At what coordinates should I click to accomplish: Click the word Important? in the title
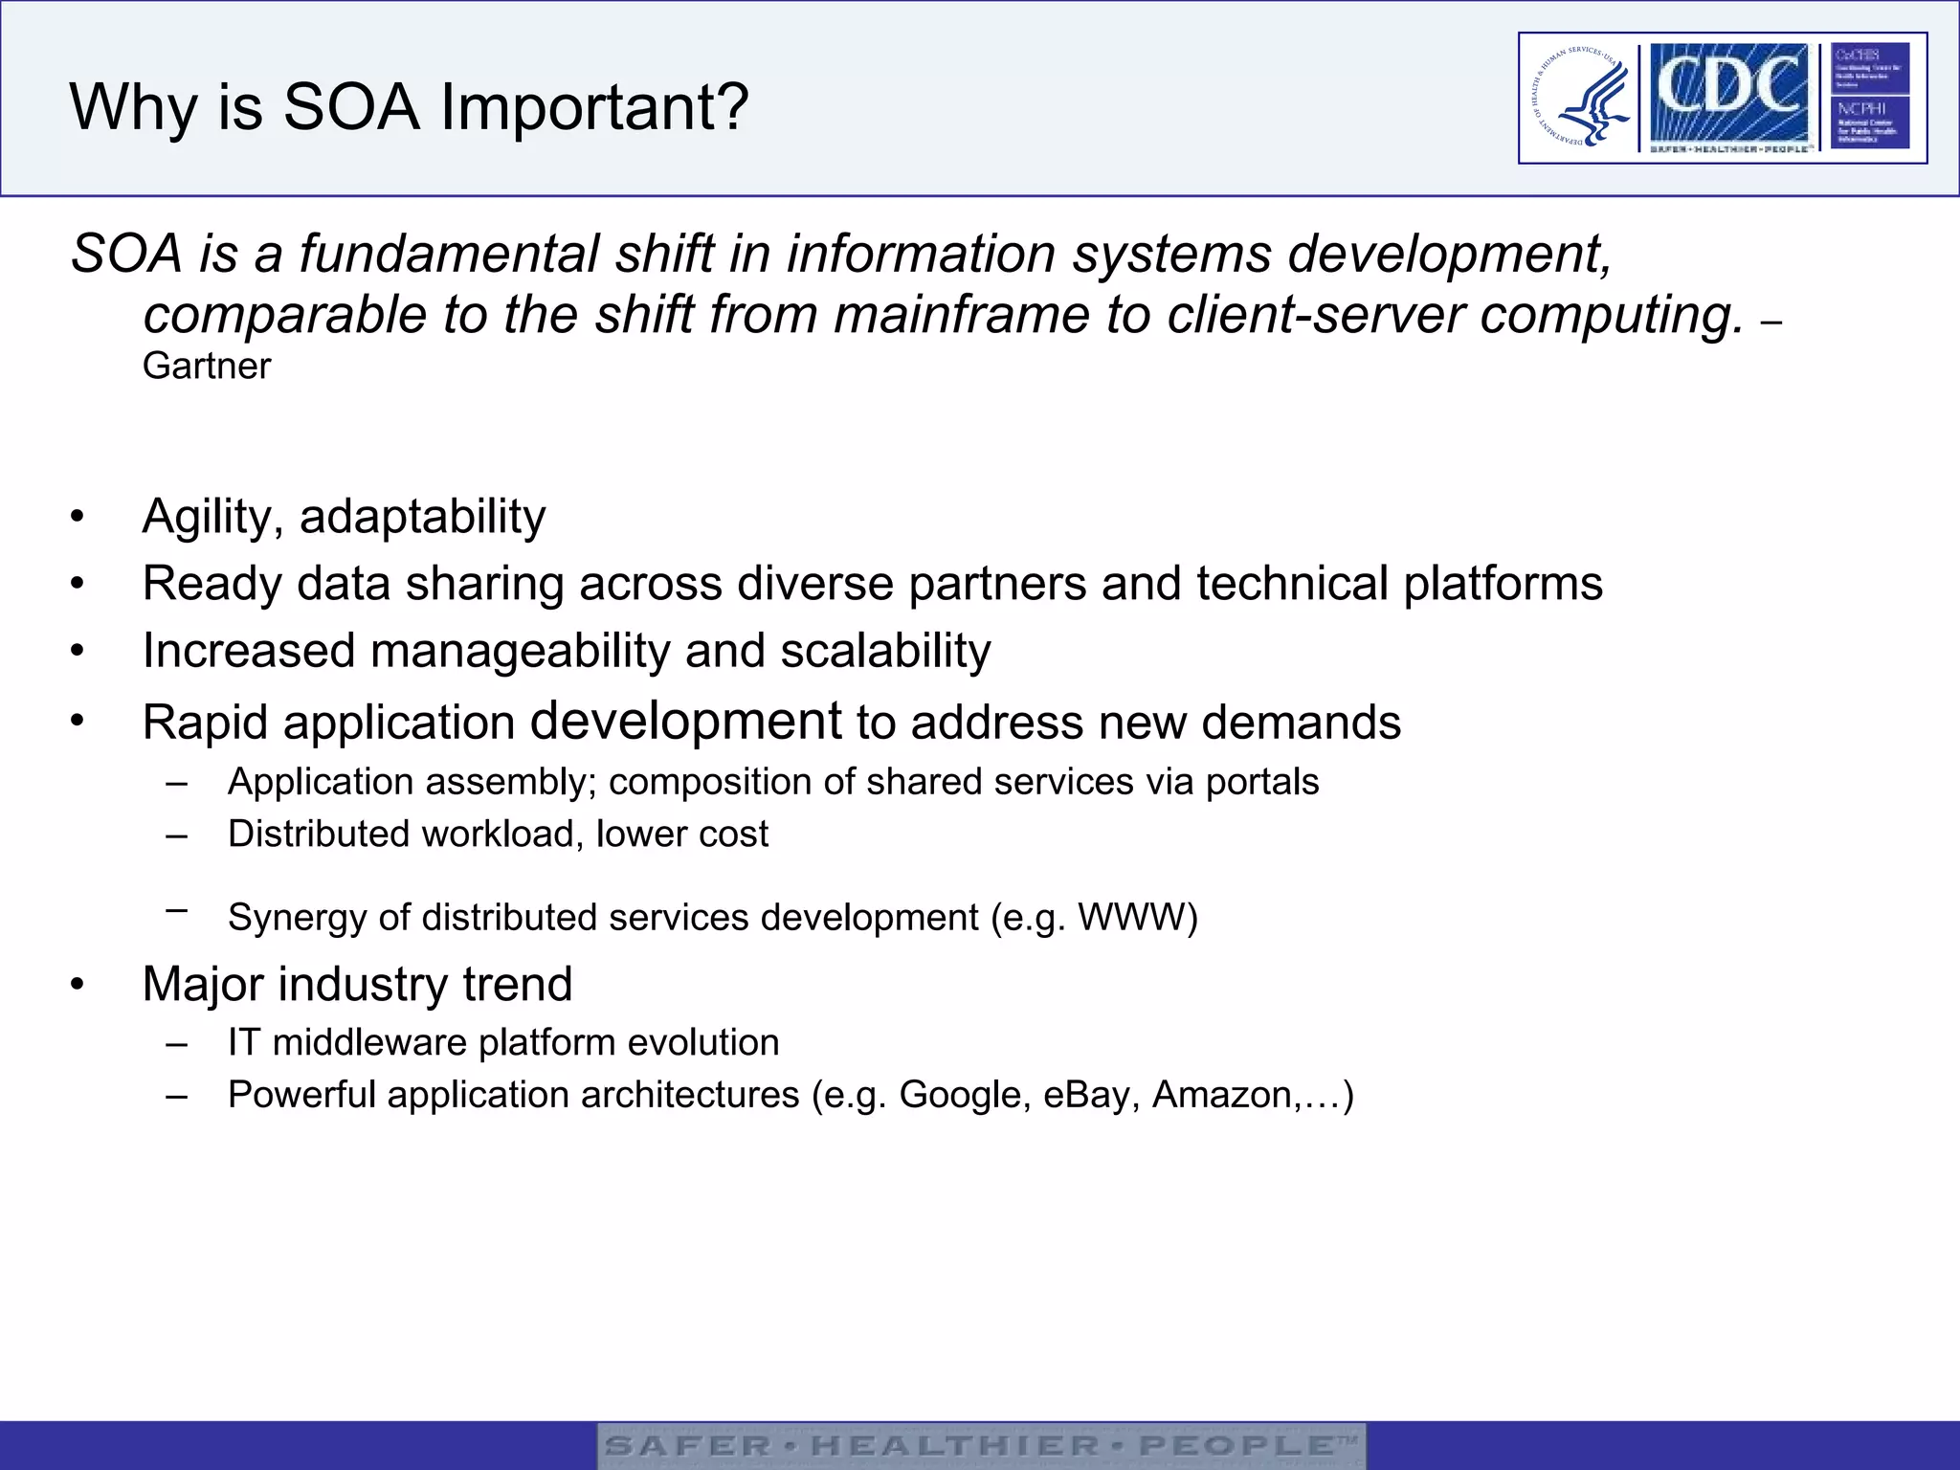point(593,107)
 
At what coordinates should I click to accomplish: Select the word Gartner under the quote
point(207,367)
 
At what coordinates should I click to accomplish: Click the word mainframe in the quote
point(961,315)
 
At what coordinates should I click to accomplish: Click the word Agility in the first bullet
point(212,518)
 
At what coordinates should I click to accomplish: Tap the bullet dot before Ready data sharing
point(78,584)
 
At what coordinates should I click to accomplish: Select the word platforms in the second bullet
point(1503,584)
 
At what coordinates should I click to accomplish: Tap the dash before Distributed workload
point(175,835)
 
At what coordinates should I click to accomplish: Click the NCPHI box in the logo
point(1869,122)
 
